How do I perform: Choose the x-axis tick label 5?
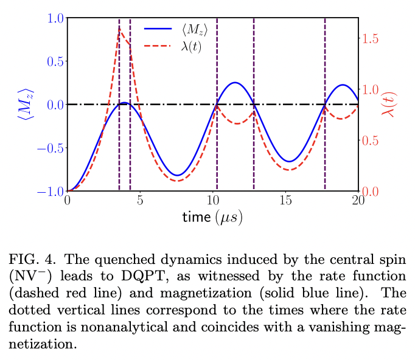pyautogui.click(x=140, y=201)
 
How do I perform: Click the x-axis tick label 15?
pyautogui.click(x=285, y=201)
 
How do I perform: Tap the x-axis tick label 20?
pyautogui.click(x=358, y=201)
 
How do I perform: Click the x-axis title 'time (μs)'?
pyautogui.click(x=212, y=217)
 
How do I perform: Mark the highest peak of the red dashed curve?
pyautogui.click(x=120, y=28)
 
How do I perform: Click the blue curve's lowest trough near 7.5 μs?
pyautogui.click(x=176, y=175)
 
